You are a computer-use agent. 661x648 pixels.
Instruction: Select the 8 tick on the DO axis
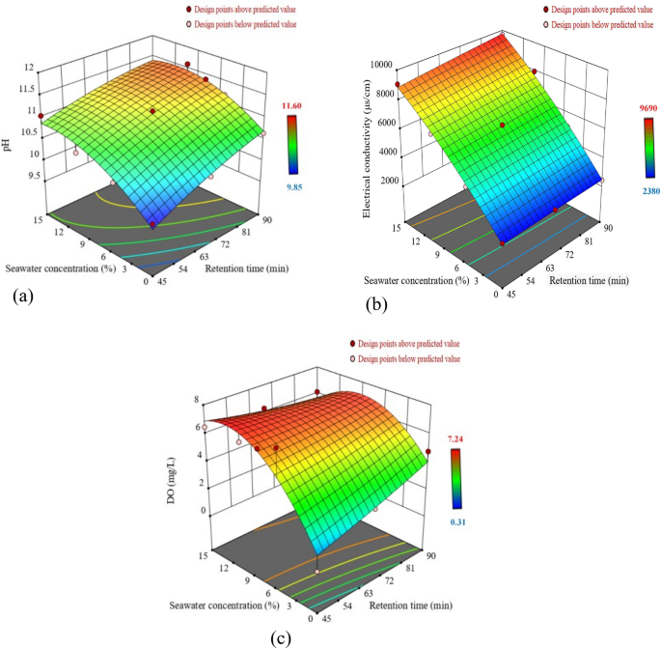pos(198,399)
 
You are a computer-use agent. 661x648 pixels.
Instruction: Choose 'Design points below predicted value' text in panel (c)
pos(410,358)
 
